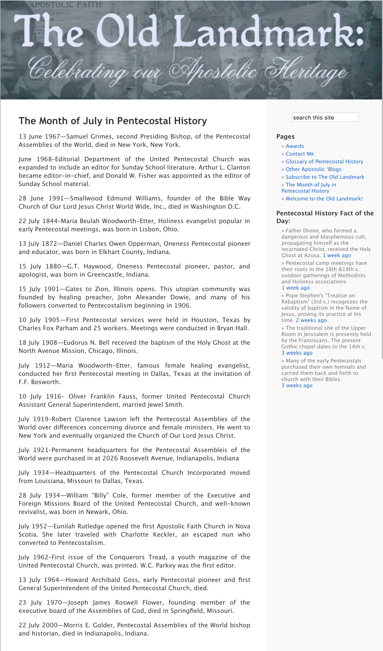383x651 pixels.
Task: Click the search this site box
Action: [325, 117]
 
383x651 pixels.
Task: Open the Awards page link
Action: [295, 146]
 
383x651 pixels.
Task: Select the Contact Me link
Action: [299, 154]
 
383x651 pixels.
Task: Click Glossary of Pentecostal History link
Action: [324, 162]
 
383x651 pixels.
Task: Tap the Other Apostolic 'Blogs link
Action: [313, 170]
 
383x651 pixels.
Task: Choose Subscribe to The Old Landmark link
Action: [324, 177]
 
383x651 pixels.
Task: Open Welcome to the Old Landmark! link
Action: [324, 199]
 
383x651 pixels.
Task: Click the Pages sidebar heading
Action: [285, 136]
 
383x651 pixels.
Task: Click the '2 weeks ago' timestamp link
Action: [311, 320]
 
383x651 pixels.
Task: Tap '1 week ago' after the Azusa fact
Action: [337, 256]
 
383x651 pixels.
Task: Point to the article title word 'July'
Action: [93, 121]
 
